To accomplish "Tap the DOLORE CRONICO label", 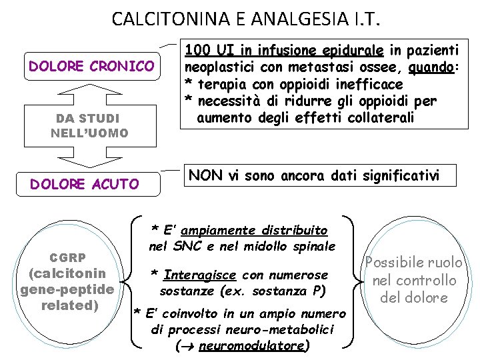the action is coord(91,67).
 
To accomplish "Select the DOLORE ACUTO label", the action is coord(85,184).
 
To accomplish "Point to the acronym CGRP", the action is coord(68,258).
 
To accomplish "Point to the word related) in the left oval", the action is coord(70,306).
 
